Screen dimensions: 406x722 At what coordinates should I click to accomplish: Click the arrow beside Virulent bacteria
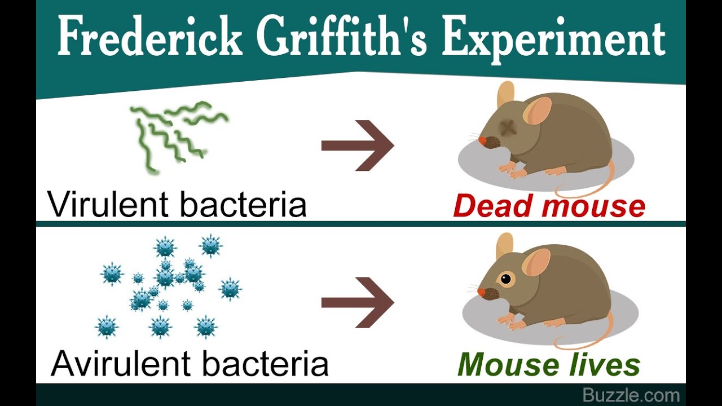[x=358, y=145]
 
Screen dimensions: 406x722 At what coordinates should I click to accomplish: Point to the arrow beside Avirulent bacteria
[x=358, y=302]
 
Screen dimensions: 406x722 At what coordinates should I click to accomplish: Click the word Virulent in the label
[x=109, y=204]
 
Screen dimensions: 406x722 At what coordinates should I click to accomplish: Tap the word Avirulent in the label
[x=122, y=364]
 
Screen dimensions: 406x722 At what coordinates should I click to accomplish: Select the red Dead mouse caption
[x=549, y=206]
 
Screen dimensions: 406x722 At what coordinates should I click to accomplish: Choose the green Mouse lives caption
[x=549, y=365]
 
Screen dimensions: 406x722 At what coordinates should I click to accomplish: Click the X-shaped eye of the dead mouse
[x=509, y=127]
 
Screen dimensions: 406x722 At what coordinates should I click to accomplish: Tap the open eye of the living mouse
[x=506, y=279]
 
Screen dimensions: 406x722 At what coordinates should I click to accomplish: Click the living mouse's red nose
[x=481, y=292]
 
